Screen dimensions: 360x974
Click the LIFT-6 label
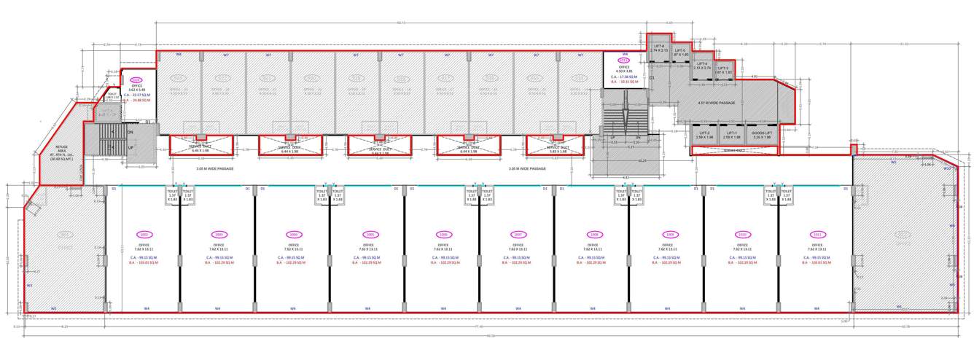click(658, 46)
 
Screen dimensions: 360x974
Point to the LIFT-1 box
click(732, 135)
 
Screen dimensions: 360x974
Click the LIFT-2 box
click(704, 135)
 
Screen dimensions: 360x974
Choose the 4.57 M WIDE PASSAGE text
click(717, 103)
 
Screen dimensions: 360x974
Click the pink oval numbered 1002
click(144, 234)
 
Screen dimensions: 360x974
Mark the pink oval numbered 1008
click(593, 234)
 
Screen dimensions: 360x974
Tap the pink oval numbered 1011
click(818, 234)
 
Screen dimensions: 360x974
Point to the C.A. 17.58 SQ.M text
click(624, 77)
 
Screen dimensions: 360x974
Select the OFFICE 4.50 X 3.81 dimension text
click(624, 70)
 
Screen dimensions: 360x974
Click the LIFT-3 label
click(723, 70)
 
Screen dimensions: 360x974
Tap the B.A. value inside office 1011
click(818, 262)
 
